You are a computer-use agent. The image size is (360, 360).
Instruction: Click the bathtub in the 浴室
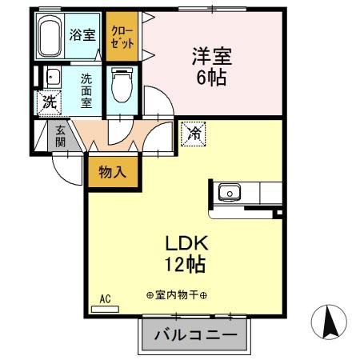coord(50,36)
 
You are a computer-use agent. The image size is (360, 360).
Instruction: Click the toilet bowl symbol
coord(122,86)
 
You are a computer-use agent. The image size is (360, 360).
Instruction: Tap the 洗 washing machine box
coord(49,102)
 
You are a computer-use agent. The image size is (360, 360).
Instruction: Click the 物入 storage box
coord(112,171)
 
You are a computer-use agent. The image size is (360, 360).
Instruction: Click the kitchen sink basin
coord(230,192)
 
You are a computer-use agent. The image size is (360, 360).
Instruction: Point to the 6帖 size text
coord(210,78)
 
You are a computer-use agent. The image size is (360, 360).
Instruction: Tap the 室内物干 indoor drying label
coord(177,296)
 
